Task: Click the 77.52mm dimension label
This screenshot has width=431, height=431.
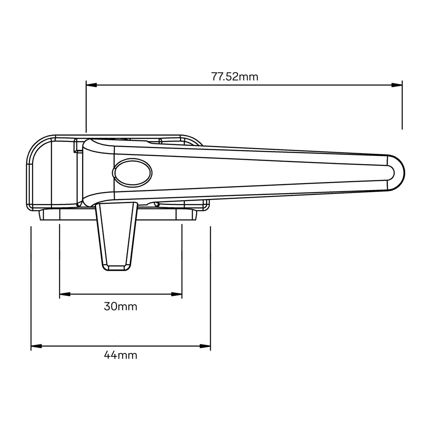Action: coord(235,77)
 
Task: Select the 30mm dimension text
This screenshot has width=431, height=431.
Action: coord(121,307)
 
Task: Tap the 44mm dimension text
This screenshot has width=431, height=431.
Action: coord(121,355)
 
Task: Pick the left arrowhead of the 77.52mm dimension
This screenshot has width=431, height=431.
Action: coord(91,85)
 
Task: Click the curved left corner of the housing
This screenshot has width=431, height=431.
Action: coord(35,148)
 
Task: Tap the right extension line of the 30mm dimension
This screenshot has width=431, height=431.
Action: coord(182,259)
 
